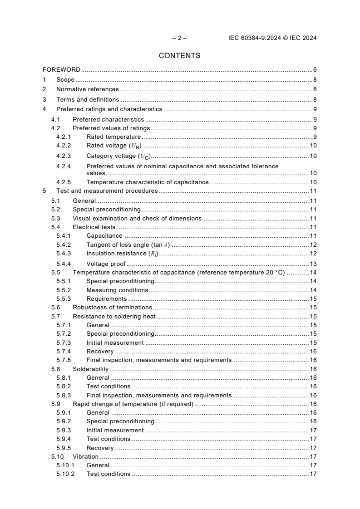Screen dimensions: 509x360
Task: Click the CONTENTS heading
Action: click(x=179, y=56)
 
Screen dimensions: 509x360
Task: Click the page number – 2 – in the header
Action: click(x=179, y=38)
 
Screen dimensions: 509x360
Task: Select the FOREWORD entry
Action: click(x=61, y=70)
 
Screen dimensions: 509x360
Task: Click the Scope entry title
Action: click(x=65, y=80)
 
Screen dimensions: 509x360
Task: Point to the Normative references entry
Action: click(x=87, y=89)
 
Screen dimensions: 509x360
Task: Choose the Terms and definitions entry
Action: click(x=88, y=99)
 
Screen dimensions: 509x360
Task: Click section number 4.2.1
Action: click(x=64, y=137)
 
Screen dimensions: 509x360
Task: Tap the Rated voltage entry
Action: click(x=115, y=146)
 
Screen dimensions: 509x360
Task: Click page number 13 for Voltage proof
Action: click(x=313, y=264)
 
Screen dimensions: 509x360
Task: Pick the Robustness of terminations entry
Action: click(x=112, y=308)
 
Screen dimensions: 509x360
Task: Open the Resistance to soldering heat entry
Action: click(x=114, y=316)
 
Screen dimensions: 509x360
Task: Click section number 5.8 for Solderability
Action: click(x=56, y=369)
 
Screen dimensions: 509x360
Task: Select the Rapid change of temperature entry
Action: click(x=133, y=404)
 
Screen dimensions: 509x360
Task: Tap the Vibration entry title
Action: click(x=85, y=457)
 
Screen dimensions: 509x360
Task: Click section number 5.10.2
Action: click(x=65, y=474)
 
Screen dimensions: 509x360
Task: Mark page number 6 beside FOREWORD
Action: click(x=315, y=70)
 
